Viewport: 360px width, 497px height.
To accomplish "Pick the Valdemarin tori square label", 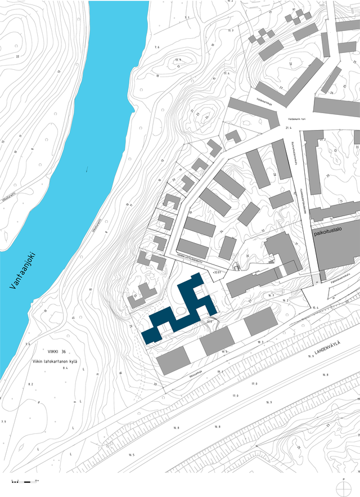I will [298, 119].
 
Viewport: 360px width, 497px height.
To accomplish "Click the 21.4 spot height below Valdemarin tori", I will [290, 129].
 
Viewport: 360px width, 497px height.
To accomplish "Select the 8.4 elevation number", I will [65, 368].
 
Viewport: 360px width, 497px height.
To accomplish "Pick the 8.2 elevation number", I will [30, 384].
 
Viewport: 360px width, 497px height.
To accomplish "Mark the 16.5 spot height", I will [132, 454].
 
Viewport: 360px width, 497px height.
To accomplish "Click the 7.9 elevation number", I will [4, 421].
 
